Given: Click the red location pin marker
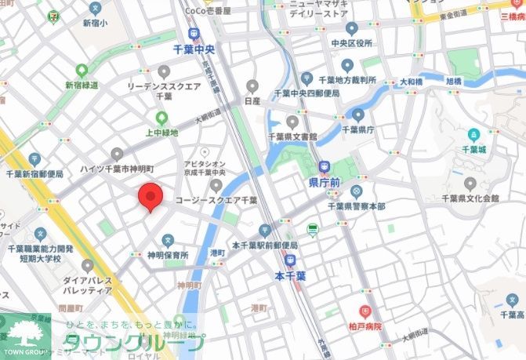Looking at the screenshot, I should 150,197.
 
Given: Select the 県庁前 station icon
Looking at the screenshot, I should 324,167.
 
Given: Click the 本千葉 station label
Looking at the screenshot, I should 290,276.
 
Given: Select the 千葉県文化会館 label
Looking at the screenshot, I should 470,198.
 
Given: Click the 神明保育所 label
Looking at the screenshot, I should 168,256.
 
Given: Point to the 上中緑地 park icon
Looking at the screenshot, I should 162,118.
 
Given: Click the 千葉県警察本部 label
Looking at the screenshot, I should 356,206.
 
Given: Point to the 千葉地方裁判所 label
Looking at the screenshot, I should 348,80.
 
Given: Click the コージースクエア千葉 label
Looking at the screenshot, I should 216,201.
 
